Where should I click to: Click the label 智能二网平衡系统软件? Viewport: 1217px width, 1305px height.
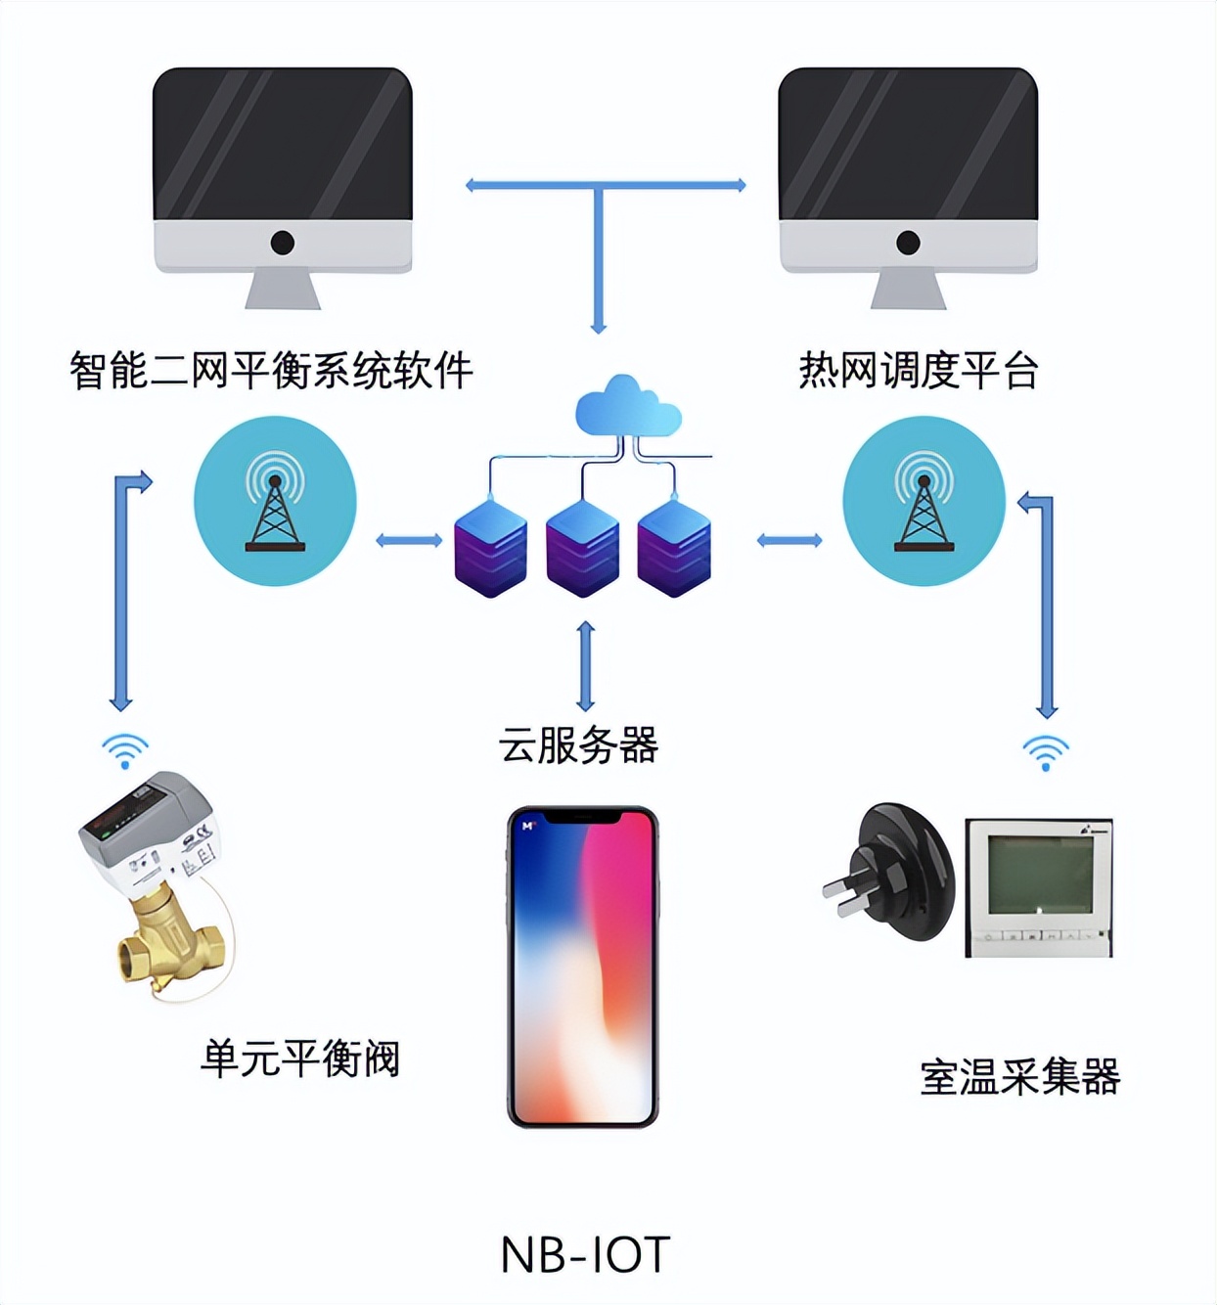[x=271, y=371]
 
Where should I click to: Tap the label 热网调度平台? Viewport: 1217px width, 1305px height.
[x=918, y=371]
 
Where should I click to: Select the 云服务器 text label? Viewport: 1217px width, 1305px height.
[x=578, y=745]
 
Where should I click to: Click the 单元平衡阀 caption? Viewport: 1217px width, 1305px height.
[x=300, y=1058]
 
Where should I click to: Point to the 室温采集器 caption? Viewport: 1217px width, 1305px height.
[x=1019, y=1077]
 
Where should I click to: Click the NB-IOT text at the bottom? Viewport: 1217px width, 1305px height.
[x=585, y=1255]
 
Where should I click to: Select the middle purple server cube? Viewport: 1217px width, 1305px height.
[x=582, y=548]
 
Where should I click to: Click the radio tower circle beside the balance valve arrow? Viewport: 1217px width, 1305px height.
[x=275, y=501]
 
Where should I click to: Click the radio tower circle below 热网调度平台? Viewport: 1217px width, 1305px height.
[x=924, y=501]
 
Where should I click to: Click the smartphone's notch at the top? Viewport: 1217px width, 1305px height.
[x=583, y=818]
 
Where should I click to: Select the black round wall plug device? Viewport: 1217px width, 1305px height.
[x=895, y=871]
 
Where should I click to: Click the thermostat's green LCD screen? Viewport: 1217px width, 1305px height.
[x=1039, y=874]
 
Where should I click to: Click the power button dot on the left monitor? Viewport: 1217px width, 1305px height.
[x=283, y=243]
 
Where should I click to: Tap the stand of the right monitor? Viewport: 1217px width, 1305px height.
[x=908, y=289]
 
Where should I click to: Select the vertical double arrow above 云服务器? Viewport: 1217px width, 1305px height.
[x=585, y=666]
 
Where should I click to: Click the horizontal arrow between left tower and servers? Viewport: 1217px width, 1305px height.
[x=409, y=540]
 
